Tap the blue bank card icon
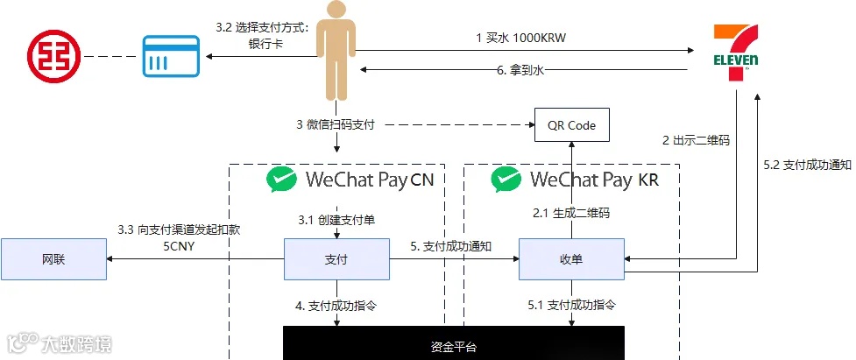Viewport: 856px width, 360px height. point(170,57)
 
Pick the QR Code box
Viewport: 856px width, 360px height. point(571,125)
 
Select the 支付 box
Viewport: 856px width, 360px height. point(336,259)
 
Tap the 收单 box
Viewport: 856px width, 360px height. point(571,259)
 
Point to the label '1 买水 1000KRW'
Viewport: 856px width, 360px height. point(516,38)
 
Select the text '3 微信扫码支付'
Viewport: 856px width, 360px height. point(336,125)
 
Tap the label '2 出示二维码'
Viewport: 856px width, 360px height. point(696,140)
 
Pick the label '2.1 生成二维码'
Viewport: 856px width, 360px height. point(571,213)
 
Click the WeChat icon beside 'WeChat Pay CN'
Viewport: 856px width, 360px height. point(282,180)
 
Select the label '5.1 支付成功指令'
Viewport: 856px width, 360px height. point(571,306)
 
